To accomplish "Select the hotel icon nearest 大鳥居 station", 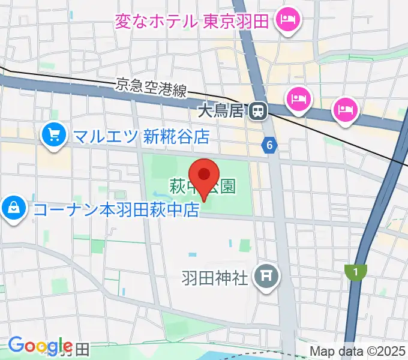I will coord(298,98).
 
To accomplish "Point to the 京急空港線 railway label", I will coord(151,89).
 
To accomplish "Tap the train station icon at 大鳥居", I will coord(259,110).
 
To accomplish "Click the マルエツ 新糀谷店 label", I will coord(141,137).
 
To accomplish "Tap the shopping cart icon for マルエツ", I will coord(54,134).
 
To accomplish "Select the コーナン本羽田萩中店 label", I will coord(116,210).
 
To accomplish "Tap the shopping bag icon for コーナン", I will coord(13,209).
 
